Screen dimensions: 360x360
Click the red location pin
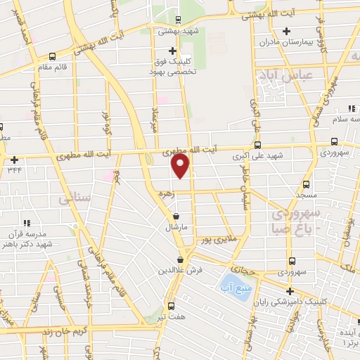181,167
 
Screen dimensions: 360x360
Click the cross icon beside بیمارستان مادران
286,31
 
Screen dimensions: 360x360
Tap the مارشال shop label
174,228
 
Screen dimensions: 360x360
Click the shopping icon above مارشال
174,217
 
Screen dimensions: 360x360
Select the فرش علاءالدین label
180,270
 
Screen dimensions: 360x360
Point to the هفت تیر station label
172,318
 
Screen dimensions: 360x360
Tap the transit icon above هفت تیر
172,306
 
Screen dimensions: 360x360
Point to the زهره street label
164,193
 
